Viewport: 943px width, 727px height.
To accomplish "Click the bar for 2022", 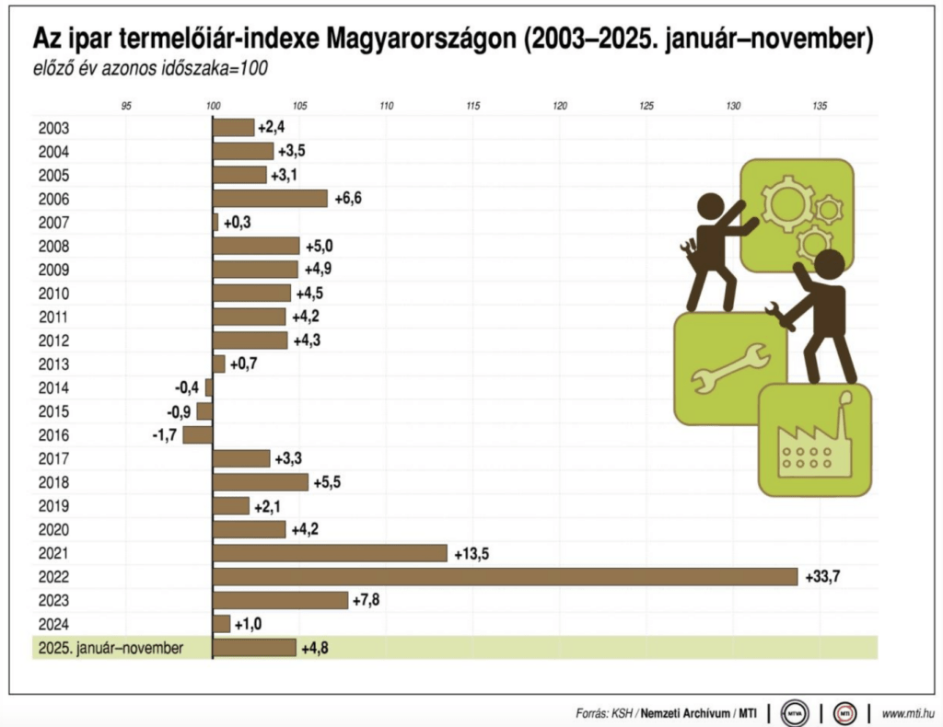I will [505, 576].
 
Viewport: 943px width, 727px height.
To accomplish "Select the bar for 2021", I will [330, 552].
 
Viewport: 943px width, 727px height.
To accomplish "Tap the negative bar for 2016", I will [197, 434].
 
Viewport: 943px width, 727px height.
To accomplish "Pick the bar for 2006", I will [270, 199].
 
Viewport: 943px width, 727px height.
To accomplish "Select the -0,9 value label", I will [179, 411].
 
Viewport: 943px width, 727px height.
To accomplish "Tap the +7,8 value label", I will [369, 600].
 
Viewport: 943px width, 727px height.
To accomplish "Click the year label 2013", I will [53, 364].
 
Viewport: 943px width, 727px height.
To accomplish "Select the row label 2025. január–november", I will [111, 648].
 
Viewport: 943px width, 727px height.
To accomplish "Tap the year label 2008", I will [53, 247].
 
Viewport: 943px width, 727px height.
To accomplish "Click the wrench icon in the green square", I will [730, 368].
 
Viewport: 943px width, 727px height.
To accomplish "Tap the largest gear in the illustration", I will [787, 204].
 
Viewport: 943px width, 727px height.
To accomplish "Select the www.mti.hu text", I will [908, 713].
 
